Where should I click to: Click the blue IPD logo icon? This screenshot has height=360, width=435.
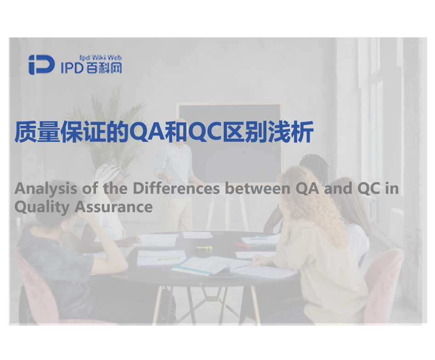tap(42, 65)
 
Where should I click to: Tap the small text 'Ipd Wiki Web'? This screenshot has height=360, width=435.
tap(101, 58)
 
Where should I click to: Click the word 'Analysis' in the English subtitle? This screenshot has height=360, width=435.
tap(46, 189)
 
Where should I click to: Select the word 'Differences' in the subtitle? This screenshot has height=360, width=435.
tap(176, 188)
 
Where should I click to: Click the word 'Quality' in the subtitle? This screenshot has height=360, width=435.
tap(42, 208)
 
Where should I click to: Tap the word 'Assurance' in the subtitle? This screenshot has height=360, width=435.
tap(113, 207)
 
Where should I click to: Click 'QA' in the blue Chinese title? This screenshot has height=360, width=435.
tap(147, 132)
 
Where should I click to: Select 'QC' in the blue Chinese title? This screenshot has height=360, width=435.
tap(206, 132)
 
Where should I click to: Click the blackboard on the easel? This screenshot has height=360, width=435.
tap(230, 143)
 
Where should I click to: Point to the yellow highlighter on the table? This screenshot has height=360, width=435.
tap(204, 248)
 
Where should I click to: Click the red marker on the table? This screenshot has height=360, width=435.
tap(242, 246)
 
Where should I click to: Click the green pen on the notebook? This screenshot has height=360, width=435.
tap(168, 259)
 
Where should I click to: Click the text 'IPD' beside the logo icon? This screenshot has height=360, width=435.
tap(72, 68)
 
